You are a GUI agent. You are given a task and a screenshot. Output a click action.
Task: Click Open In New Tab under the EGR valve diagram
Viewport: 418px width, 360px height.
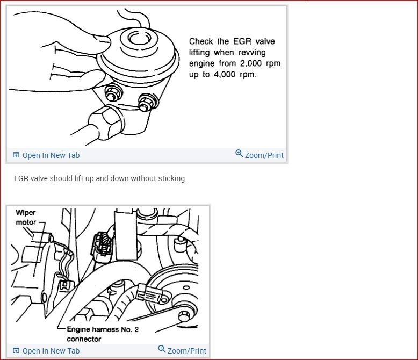coord(51,155)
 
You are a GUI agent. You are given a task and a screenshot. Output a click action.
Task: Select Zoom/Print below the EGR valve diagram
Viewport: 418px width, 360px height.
coord(264,155)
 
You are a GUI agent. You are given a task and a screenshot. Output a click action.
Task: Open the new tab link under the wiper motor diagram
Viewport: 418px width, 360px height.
coord(51,351)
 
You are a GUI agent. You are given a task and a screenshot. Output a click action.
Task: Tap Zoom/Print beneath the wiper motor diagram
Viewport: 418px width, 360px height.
coord(186,351)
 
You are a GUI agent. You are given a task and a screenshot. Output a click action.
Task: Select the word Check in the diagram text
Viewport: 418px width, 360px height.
coord(201,41)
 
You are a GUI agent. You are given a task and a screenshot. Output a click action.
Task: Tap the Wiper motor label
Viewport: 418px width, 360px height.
coord(25,217)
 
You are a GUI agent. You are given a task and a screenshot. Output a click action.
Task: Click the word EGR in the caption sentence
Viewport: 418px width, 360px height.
coord(21,178)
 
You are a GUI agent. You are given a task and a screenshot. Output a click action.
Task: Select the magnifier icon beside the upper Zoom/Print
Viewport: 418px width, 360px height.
coord(239,154)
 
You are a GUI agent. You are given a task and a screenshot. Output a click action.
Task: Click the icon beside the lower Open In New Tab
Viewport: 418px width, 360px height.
coord(16,351)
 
